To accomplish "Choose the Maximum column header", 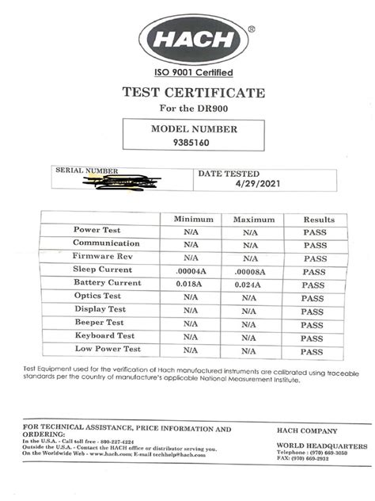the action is (252, 219).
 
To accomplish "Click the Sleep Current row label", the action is (104, 270).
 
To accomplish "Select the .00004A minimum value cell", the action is (191, 271).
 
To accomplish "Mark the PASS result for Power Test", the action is (315, 232).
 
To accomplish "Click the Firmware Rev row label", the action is (104, 258).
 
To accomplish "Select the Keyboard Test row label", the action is (104, 336).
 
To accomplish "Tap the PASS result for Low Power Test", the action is (313, 351).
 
